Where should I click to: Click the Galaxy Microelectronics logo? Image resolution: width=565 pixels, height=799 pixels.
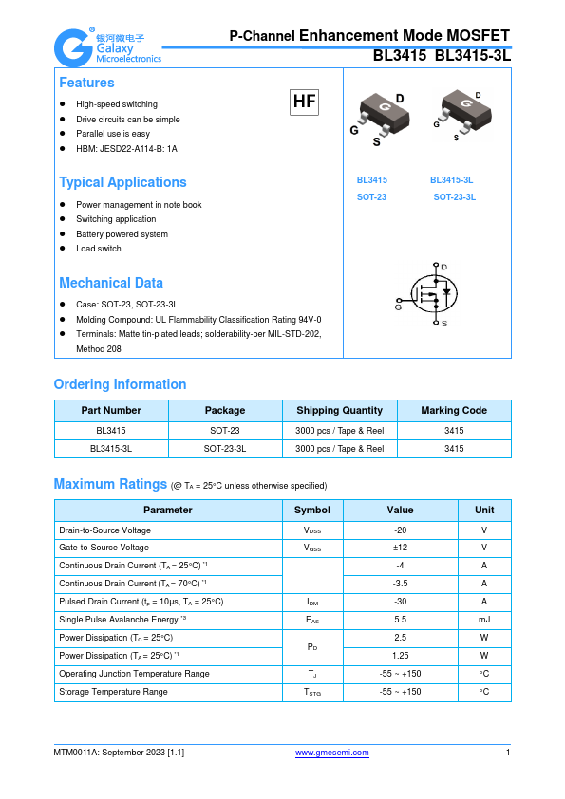[x=107, y=46]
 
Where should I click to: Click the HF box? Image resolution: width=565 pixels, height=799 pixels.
[x=304, y=102]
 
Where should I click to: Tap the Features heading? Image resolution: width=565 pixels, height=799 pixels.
[x=86, y=83]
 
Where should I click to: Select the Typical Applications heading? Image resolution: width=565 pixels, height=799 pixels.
[x=122, y=182]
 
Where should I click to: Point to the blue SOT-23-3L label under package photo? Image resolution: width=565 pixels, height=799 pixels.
[x=454, y=196]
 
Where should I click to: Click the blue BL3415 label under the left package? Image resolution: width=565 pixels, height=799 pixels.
[x=371, y=179]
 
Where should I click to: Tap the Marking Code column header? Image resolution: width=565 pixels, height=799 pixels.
[x=454, y=410]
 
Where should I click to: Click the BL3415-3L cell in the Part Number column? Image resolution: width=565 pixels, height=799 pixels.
[x=111, y=448]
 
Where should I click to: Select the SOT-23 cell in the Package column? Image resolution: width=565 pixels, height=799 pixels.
[x=225, y=430]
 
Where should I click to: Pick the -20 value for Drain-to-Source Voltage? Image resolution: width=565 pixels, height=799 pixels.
[x=400, y=530]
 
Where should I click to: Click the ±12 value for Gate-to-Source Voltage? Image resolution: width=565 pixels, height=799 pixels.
[x=400, y=548]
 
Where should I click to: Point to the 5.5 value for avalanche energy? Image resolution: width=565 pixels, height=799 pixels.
[x=400, y=620]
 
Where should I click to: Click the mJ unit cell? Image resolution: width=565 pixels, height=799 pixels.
[x=484, y=620]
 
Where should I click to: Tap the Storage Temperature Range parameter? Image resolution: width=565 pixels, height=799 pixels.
[x=113, y=692]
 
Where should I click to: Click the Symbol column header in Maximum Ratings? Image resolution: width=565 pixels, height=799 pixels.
[x=312, y=510]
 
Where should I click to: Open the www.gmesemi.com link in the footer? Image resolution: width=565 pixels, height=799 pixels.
[x=331, y=753]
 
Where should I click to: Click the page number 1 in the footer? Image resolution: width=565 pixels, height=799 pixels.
[x=508, y=753]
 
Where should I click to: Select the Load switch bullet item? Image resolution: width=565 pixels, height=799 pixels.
[x=99, y=249]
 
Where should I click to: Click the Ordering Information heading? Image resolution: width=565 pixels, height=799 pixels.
[x=120, y=384]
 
